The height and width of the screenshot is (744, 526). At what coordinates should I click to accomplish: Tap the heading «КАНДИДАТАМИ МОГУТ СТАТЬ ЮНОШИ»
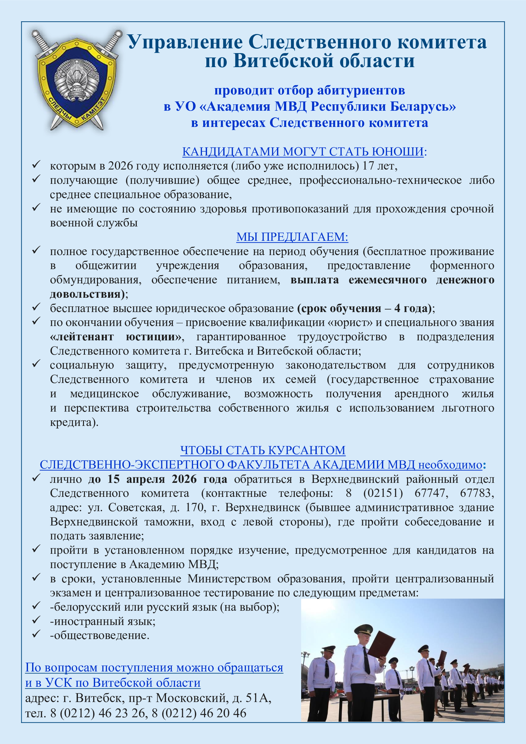[x=303, y=152]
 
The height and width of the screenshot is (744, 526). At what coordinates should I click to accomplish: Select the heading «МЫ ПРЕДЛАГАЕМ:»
[x=292, y=237]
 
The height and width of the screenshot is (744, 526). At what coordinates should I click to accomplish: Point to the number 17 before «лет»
[x=368, y=166]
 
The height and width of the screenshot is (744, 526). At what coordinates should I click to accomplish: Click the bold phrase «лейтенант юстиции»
[x=116, y=337]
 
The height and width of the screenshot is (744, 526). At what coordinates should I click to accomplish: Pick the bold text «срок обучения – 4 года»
[x=364, y=308]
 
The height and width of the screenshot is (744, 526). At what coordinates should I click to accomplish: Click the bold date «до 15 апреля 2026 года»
[x=157, y=479]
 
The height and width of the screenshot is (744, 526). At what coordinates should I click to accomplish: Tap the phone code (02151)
[x=383, y=493]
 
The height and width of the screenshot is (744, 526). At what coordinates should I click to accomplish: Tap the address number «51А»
[x=258, y=698]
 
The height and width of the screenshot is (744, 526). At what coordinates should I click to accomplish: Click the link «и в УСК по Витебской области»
[x=113, y=683]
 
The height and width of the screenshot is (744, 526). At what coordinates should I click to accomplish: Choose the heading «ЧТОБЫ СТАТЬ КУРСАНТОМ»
[x=263, y=450]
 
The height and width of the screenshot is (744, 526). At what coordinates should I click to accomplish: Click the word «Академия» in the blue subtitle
[x=238, y=107]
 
